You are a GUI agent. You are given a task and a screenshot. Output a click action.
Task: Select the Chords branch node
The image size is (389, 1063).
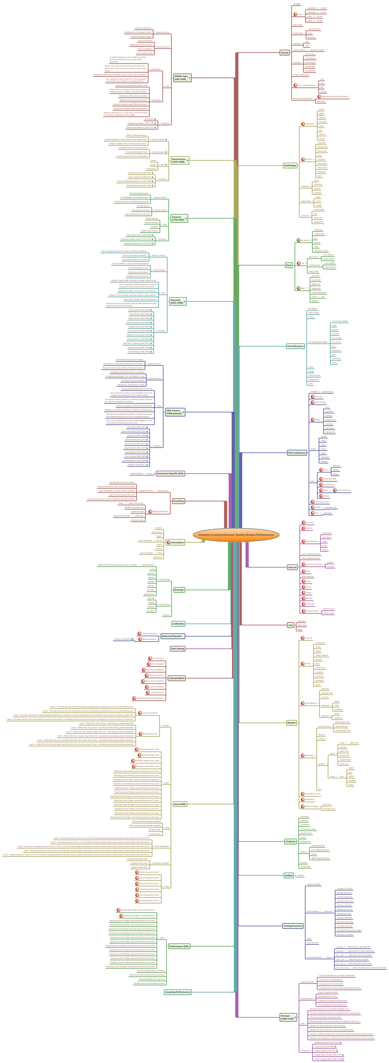click(284, 53)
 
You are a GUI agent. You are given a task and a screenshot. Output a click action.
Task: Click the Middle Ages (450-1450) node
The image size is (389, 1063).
click(181, 78)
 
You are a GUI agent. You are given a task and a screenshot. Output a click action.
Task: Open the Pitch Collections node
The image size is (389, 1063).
click(297, 453)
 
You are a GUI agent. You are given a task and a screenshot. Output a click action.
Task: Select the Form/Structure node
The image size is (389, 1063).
click(295, 346)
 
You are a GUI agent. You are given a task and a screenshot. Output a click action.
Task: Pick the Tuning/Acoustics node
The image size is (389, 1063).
click(293, 926)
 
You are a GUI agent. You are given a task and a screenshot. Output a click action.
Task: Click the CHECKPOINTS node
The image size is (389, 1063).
click(176, 678)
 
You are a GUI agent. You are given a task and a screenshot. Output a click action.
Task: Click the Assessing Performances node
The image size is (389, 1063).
click(178, 992)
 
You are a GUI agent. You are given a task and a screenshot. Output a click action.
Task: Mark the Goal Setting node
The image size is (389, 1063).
click(178, 649)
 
